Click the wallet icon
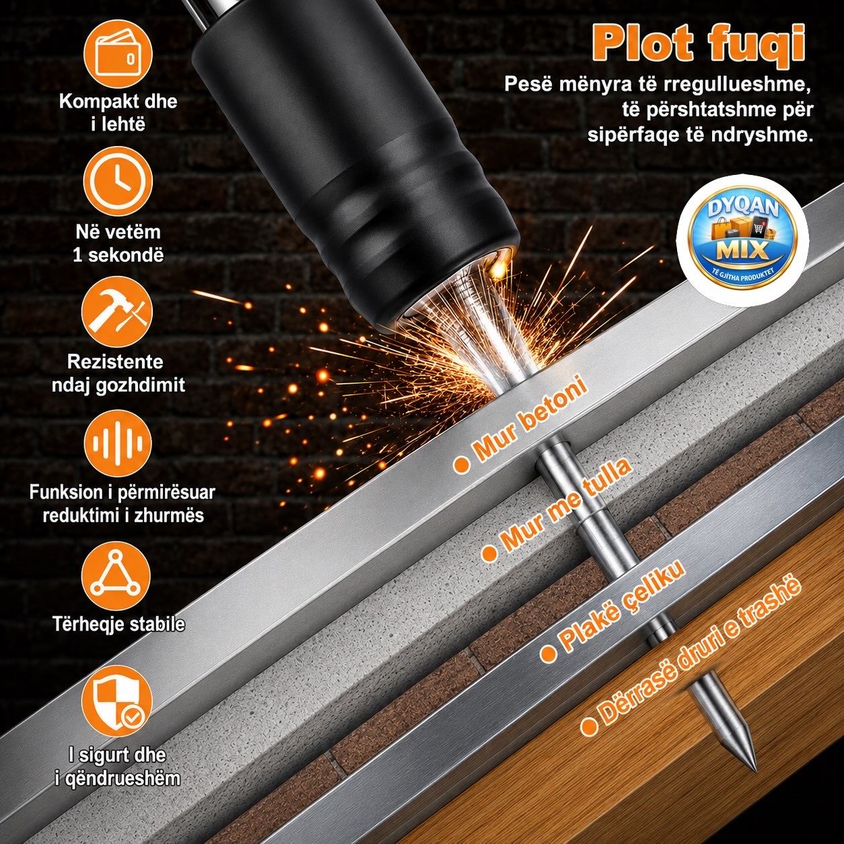click(117, 53)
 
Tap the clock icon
click(117, 181)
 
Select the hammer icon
click(117, 312)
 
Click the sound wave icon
click(117, 443)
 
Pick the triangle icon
click(116, 574)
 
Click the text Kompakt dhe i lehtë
click(118, 112)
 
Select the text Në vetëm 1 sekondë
click(118, 244)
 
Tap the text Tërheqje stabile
click(118, 624)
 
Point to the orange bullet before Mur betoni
click(461, 464)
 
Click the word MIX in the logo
click(742, 250)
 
